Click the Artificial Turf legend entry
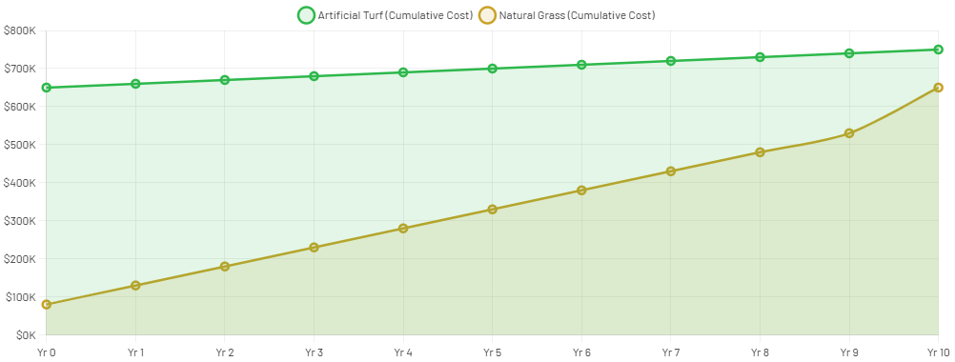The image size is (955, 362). coord(385,15)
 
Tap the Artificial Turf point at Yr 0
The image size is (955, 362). coord(46,88)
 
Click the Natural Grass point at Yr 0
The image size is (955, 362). coord(46,305)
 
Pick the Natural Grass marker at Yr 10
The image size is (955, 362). coord(938,88)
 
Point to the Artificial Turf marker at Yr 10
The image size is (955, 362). coord(938,50)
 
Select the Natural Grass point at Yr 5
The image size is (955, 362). coord(492,210)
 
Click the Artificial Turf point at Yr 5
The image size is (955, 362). coord(492,69)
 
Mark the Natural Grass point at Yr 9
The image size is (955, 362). coord(848,133)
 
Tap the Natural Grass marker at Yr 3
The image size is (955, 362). coord(314,248)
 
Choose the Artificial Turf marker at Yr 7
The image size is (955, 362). coord(670,61)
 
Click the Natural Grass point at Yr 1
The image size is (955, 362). coord(135,286)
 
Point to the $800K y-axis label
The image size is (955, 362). coord(20,30)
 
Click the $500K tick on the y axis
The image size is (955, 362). coord(20,145)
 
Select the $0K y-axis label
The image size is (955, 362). coord(25,335)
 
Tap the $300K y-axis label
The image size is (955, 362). coord(20,221)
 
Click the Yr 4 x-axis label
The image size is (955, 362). coord(402,352)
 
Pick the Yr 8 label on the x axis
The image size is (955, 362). coord(759,352)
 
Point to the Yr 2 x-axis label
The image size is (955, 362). coord(224,352)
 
